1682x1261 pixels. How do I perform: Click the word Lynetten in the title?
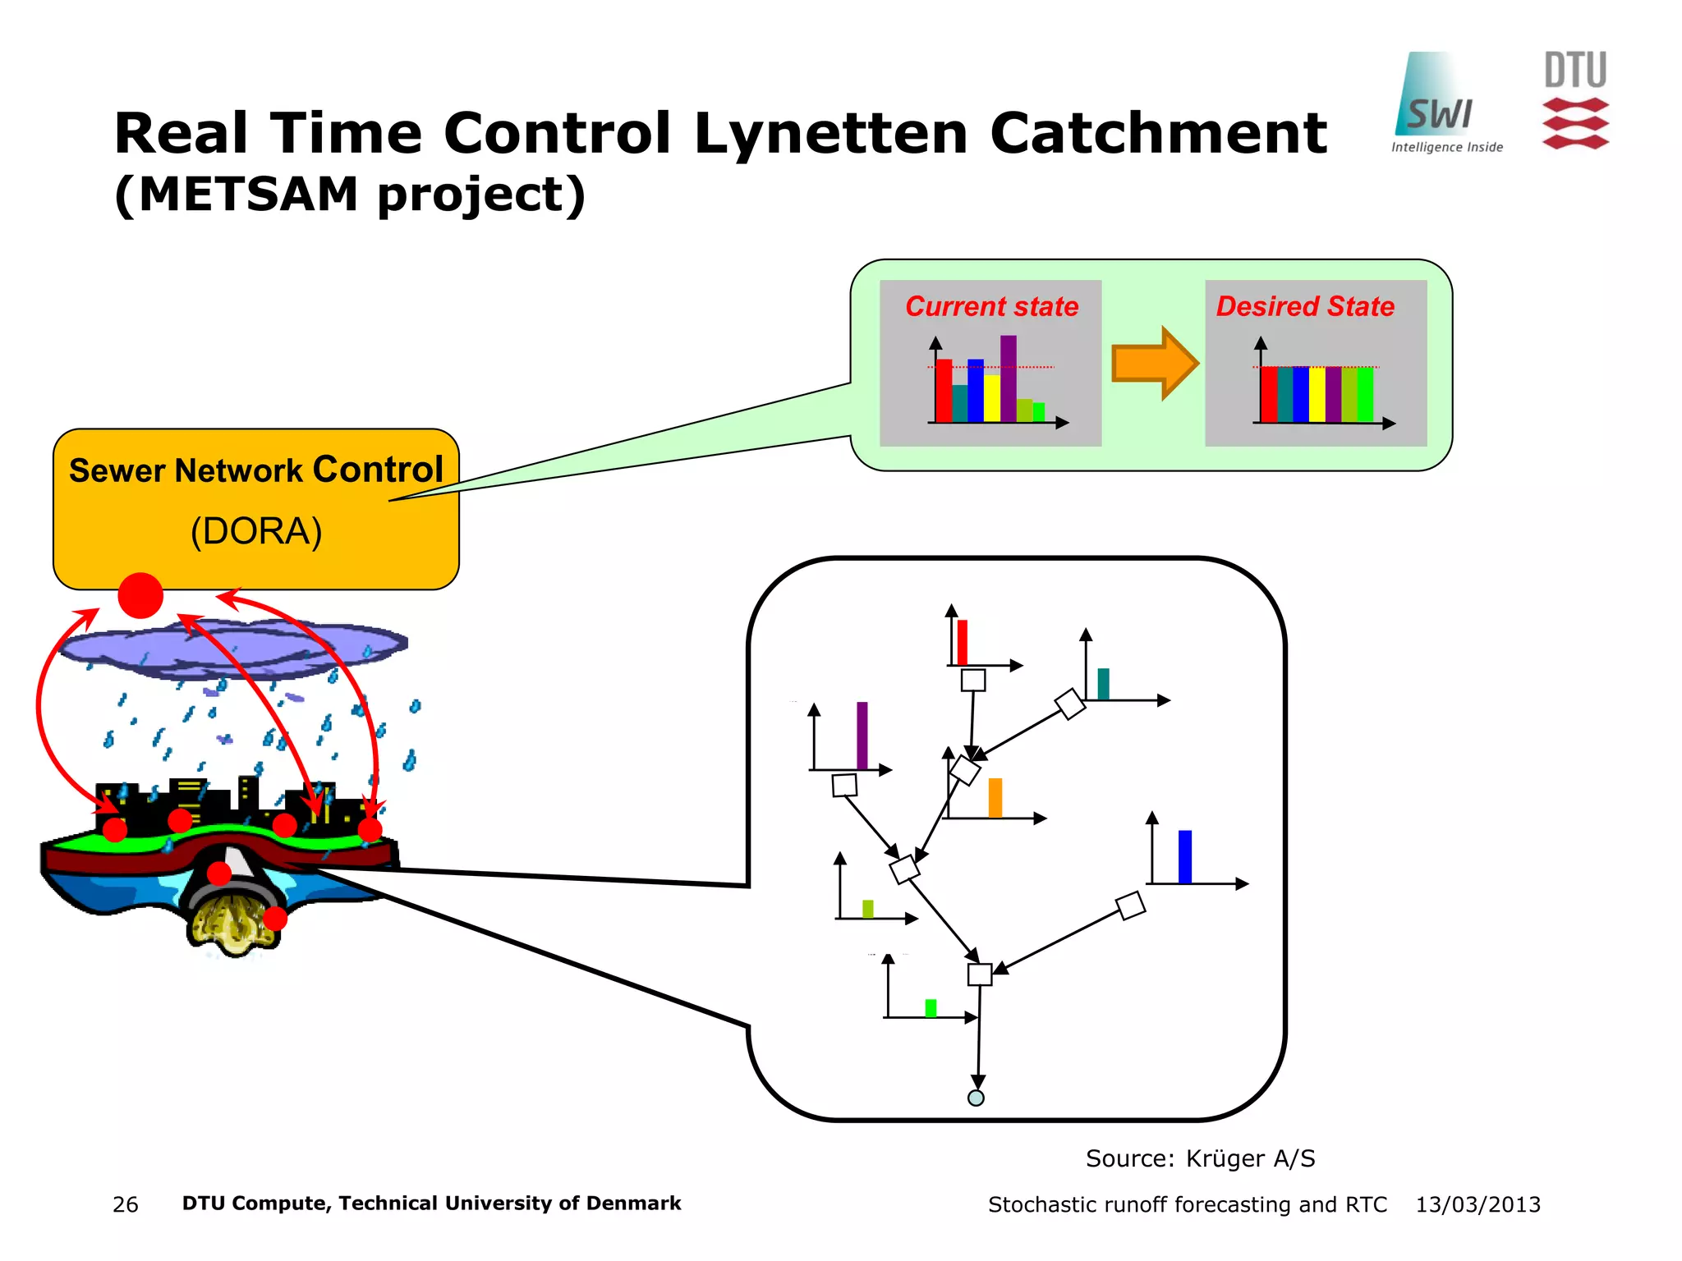point(830,133)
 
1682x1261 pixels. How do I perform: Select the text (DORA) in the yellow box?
point(255,531)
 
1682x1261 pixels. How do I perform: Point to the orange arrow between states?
point(1153,363)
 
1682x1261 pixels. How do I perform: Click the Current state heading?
point(991,306)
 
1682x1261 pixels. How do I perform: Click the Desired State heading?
point(1304,306)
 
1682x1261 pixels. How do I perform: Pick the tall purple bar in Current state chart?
point(1008,378)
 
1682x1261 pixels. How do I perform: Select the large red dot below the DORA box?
point(140,595)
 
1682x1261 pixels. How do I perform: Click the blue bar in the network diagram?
point(1184,856)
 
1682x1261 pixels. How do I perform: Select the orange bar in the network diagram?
point(995,797)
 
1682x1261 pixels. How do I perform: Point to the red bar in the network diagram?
point(962,642)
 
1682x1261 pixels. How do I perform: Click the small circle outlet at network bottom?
point(976,1098)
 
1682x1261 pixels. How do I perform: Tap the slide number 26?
point(125,1204)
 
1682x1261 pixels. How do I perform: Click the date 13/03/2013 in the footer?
point(1477,1204)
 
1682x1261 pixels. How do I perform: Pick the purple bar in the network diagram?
point(862,735)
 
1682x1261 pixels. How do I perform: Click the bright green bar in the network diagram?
point(931,1007)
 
